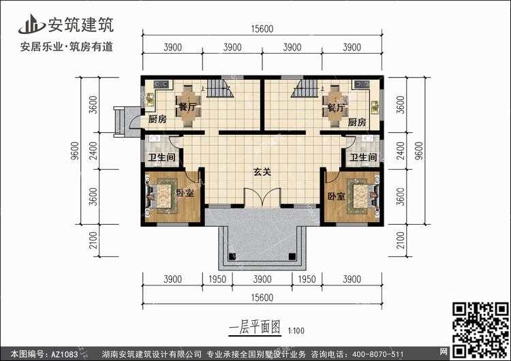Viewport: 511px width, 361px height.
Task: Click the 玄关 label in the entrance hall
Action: click(262, 172)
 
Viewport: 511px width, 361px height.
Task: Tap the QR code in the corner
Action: click(481, 330)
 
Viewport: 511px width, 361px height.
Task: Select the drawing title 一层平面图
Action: click(255, 327)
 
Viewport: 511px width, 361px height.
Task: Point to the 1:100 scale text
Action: click(296, 331)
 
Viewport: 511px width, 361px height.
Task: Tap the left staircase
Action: click(221, 88)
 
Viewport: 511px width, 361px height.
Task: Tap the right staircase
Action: click(305, 88)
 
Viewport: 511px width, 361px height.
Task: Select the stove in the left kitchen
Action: click(161, 84)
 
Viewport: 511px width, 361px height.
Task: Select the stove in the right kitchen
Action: click(362, 84)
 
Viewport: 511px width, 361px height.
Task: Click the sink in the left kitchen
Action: click(150, 99)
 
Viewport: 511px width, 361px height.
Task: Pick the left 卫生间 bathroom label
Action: click(161, 157)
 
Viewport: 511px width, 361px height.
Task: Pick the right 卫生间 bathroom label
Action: click(363, 157)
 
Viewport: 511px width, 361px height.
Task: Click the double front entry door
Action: click(262, 198)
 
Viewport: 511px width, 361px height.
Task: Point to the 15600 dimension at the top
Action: click(262, 29)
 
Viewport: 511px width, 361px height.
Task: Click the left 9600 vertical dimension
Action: click(75, 151)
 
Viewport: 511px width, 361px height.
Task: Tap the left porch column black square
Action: click(232, 256)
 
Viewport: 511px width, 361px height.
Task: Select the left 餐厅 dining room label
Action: click(188, 106)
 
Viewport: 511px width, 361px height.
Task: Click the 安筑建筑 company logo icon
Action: click(32, 25)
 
